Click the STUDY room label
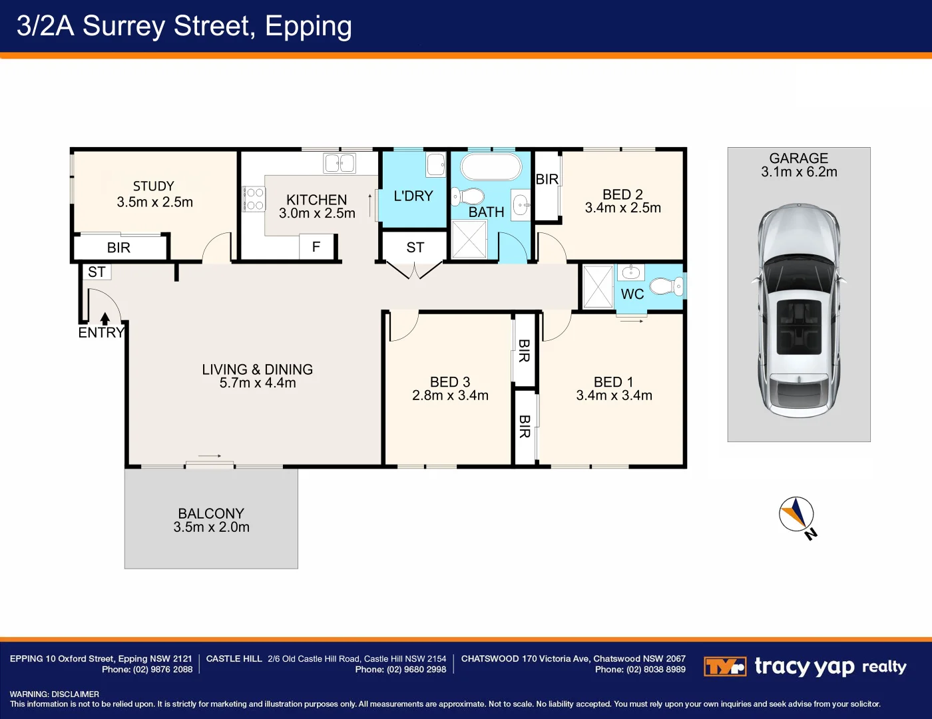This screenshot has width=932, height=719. [x=154, y=186]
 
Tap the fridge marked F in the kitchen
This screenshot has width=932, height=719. [x=316, y=246]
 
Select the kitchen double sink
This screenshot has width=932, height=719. [x=340, y=163]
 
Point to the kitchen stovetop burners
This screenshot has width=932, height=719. [x=254, y=199]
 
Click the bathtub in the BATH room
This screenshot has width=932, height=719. [x=491, y=167]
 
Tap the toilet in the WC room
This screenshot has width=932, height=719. [x=666, y=286]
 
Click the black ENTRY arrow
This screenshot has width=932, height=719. [x=105, y=318]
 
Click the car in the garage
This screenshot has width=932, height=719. [x=799, y=310]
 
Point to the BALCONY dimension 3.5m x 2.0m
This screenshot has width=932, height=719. [x=212, y=527]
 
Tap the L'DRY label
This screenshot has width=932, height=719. [x=413, y=196]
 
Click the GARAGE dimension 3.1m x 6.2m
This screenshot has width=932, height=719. [x=799, y=172]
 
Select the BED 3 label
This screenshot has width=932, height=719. [x=450, y=381]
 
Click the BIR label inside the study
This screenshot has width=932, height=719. [x=118, y=248]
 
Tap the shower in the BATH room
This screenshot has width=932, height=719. [x=469, y=239]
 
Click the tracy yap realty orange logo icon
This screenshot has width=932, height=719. [x=725, y=666]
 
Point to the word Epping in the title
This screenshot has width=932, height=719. [x=308, y=26]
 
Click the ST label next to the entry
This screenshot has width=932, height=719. [x=97, y=272]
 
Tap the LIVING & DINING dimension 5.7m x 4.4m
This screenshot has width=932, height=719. [x=258, y=382]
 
